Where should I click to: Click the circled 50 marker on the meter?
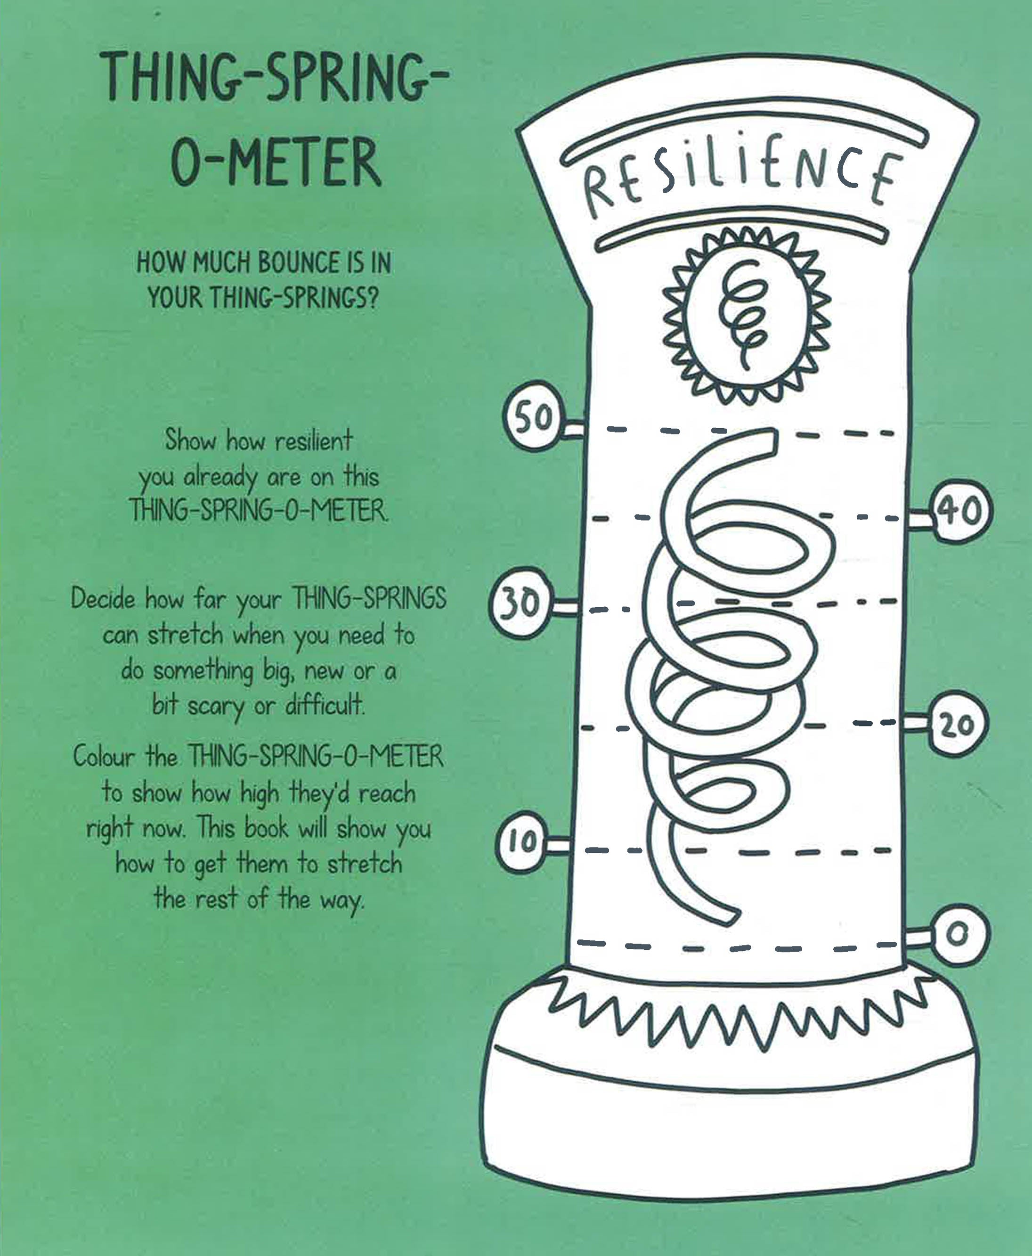[x=533, y=418]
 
